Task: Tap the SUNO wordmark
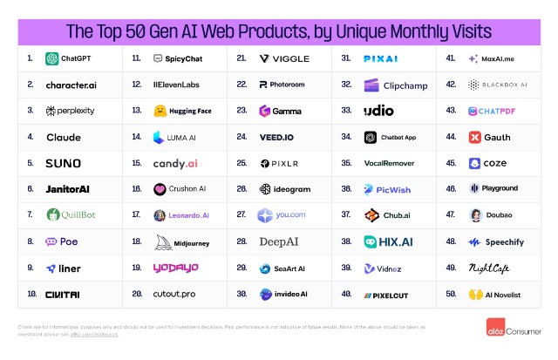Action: coord(63,163)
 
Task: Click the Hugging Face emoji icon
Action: coord(161,112)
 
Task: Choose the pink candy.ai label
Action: coord(174,163)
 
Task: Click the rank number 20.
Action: coord(137,293)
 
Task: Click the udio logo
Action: coord(378,111)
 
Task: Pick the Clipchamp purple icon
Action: coord(372,85)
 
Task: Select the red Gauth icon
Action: coord(475,137)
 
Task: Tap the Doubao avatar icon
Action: coord(476,214)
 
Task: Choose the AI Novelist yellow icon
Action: coord(476,294)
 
